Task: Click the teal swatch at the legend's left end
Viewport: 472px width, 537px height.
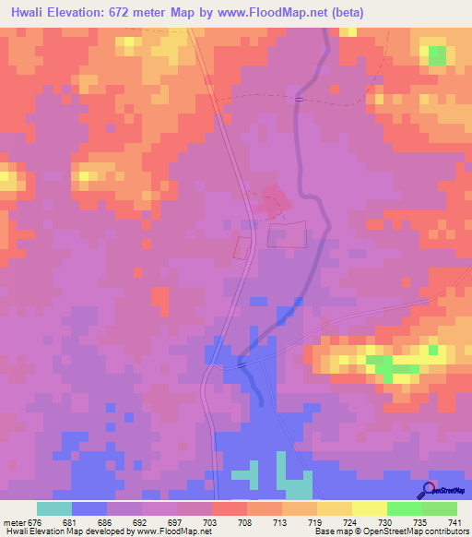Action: click(54, 508)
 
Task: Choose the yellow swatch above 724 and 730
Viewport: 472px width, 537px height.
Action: click(369, 508)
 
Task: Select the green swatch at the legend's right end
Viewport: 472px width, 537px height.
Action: click(439, 508)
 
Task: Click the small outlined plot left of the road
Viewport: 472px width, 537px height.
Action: click(242, 247)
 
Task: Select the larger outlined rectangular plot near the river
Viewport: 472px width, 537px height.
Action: click(287, 233)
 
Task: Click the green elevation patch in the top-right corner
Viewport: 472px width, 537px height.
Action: click(437, 55)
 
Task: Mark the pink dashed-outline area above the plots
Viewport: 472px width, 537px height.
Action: click(273, 197)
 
